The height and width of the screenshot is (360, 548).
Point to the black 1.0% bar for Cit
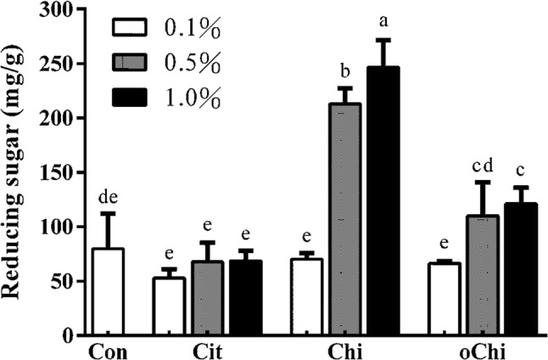click(244, 297)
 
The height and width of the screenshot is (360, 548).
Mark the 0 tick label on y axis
click(76, 335)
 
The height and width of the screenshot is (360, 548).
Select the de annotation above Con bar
click(108, 198)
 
